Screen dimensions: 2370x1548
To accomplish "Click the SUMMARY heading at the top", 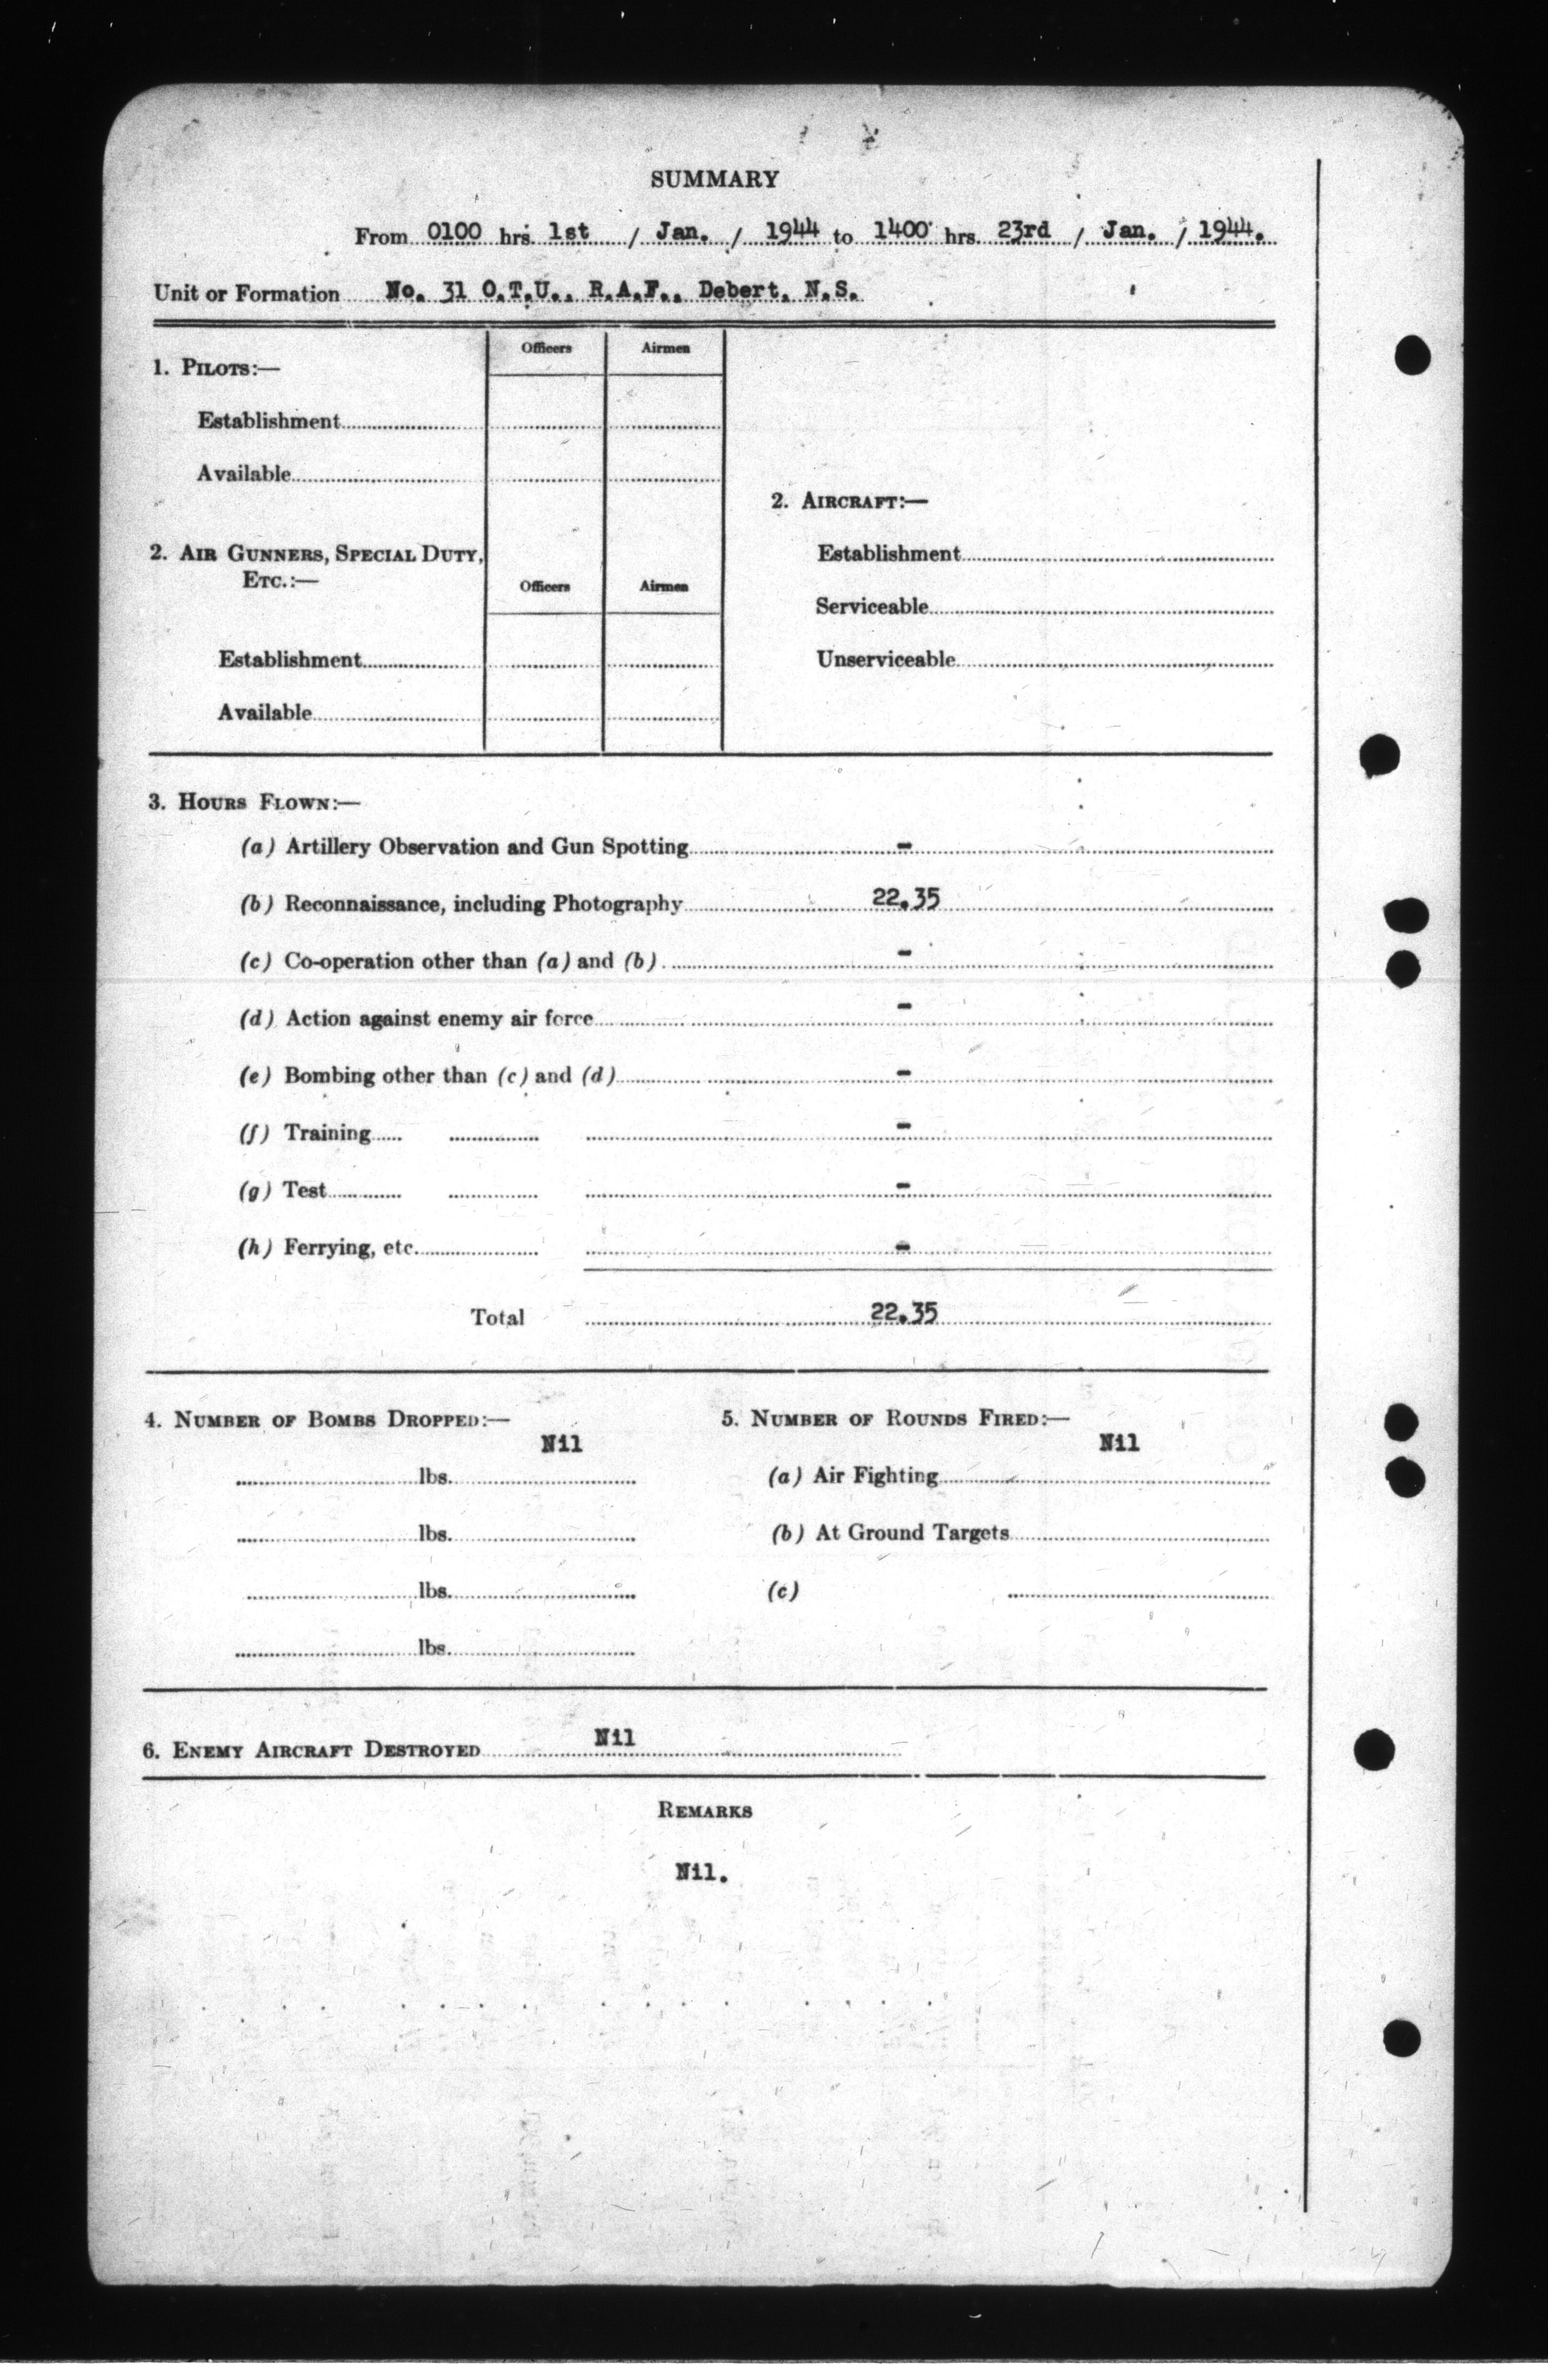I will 714,179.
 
